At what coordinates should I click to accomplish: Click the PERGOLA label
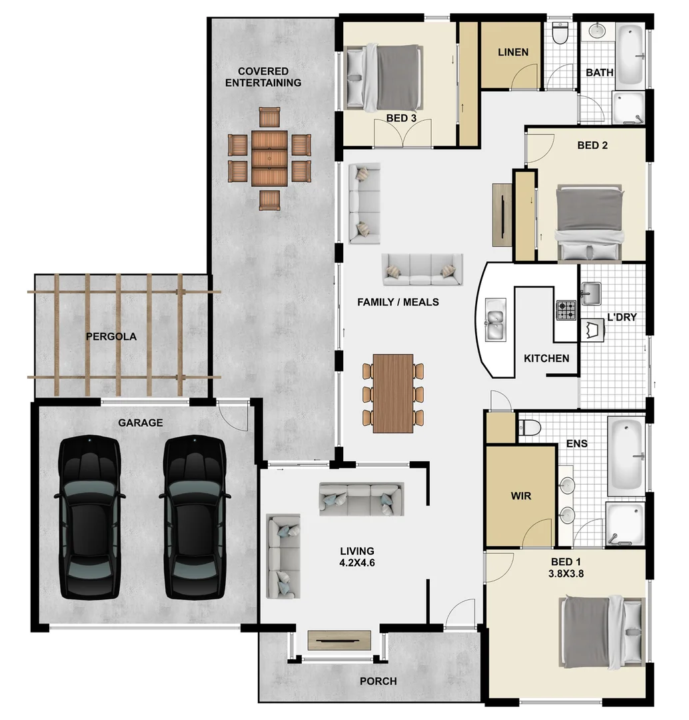111,337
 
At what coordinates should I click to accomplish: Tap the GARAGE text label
140,423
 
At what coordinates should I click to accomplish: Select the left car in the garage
89,517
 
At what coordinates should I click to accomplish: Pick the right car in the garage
194,517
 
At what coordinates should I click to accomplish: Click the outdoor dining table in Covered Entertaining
270,159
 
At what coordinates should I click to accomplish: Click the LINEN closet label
513,52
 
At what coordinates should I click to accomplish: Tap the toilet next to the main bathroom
560,33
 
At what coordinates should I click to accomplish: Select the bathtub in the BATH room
630,55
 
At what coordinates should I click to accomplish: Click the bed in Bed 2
590,223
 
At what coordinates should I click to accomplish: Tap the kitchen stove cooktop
566,310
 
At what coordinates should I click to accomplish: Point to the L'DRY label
621,317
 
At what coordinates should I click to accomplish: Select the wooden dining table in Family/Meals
393,393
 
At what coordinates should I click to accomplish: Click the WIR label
520,496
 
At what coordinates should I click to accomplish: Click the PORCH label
378,681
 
